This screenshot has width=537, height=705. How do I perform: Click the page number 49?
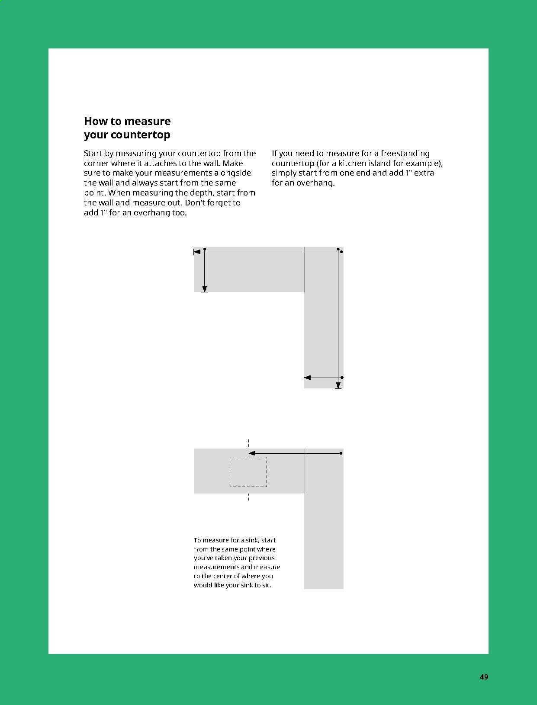click(x=484, y=677)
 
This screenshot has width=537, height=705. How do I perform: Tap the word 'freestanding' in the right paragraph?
click(x=405, y=153)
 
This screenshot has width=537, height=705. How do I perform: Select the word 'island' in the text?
click(x=379, y=163)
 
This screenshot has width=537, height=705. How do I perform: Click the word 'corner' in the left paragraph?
click(x=96, y=163)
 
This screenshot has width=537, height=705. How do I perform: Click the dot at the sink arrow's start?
click(x=341, y=453)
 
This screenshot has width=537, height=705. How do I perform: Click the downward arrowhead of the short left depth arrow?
click(x=205, y=289)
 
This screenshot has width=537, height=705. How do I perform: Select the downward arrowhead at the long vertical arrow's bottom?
click(x=338, y=385)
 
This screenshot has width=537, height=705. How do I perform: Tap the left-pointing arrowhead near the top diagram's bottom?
click(x=308, y=378)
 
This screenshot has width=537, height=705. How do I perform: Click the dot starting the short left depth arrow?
click(x=205, y=249)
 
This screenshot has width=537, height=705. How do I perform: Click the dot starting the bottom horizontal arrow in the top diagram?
click(x=342, y=378)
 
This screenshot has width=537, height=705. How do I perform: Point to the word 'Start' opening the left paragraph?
click(x=93, y=153)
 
